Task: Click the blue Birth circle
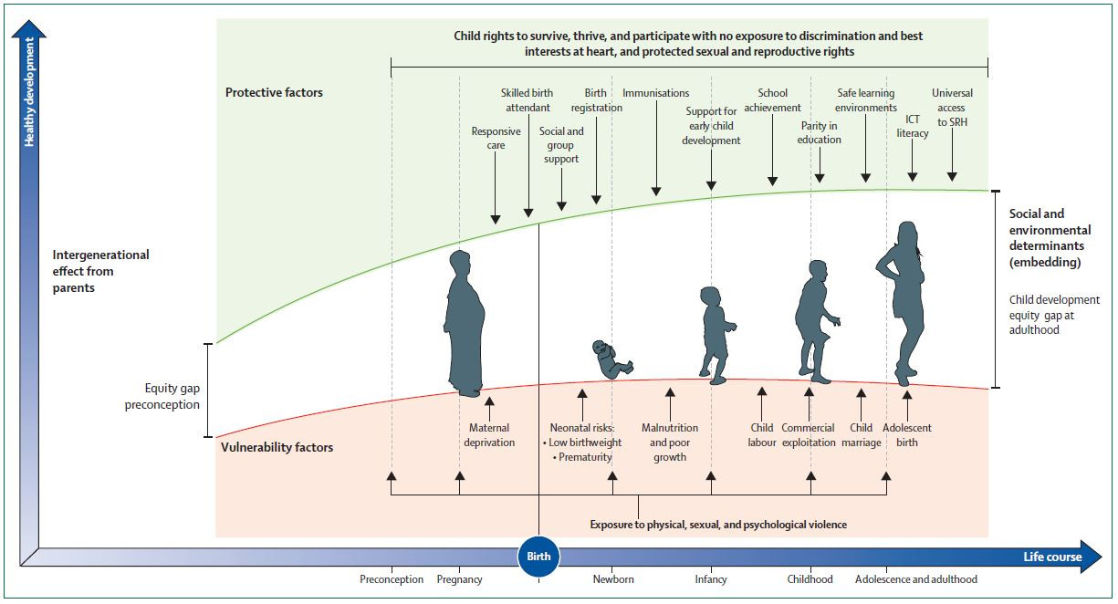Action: coord(538,557)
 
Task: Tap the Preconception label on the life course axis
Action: coord(392,579)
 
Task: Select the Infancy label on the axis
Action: coord(711,579)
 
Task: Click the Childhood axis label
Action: coord(810,579)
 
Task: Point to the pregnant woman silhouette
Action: coord(465,324)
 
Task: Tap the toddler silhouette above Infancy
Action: coord(716,335)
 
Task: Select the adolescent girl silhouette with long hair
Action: coord(902,303)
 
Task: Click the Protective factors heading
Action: coord(274,92)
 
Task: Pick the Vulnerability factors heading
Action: coord(277,447)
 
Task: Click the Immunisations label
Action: coord(656,93)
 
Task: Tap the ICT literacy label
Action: coord(913,126)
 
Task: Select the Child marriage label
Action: coord(862,435)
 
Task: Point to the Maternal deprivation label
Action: coord(489,435)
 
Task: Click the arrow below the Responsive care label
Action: coord(495,188)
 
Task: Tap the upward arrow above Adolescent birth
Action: coord(907,405)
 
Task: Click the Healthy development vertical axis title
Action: coord(29,92)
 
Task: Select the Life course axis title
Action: coord(1052,557)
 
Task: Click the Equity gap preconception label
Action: coord(162,396)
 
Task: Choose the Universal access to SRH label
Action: coord(952,108)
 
